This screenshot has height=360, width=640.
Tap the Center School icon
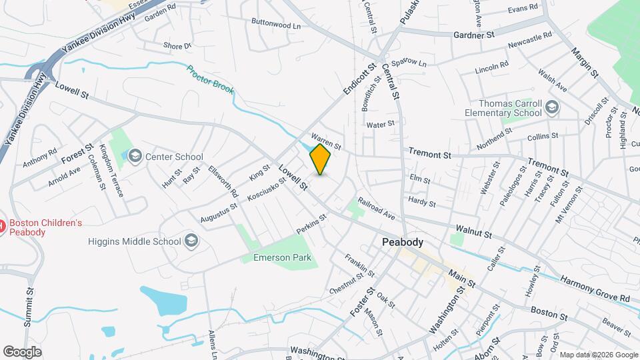(x=135, y=157)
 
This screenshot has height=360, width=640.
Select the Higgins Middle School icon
(x=191, y=241)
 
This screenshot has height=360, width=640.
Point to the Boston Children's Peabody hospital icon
(x=2, y=227)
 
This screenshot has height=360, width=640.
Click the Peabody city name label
(x=403, y=243)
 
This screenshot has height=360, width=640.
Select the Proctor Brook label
(x=210, y=79)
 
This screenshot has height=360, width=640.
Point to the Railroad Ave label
(x=377, y=208)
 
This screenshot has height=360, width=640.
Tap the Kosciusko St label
(x=266, y=189)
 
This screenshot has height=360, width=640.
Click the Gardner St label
(x=473, y=34)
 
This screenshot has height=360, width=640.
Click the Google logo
(x=21, y=351)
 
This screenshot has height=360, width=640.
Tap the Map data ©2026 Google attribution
(x=598, y=355)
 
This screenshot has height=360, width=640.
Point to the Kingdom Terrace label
(x=111, y=171)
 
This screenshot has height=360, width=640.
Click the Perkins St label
(x=311, y=223)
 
